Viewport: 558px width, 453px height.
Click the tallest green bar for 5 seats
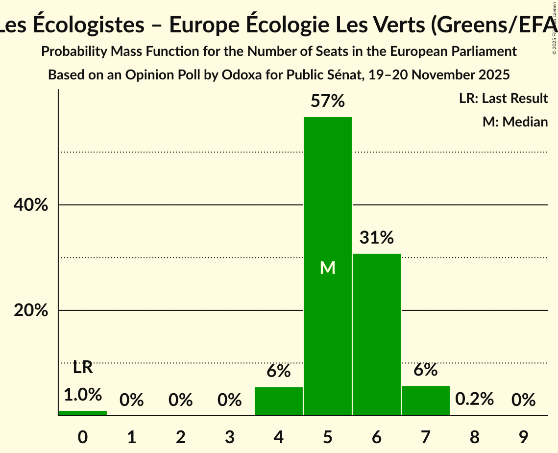[x=328, y=266]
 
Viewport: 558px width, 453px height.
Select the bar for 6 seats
[x=377, y=334]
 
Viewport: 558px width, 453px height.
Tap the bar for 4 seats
[x=279, y=401]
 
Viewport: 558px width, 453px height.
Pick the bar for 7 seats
[x=426, y=401]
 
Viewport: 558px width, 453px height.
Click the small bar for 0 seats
[x=83, y=413]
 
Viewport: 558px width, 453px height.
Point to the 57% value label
[x=328, y=101]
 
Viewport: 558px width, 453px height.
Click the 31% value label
[x=377, y=238]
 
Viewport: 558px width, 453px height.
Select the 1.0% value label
[x=83, y=394]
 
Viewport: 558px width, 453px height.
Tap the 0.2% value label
[x=474, y=399]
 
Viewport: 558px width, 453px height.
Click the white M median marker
[x=328, y=268]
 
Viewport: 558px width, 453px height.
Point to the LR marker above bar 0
[x=83, y=367]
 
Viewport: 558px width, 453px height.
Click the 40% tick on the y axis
[x=31, y=205]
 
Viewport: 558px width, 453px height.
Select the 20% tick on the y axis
[x=31, y=311]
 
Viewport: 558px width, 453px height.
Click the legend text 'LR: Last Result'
[x=503, y=99]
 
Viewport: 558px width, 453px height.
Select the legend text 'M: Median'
[x=515, y=122]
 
